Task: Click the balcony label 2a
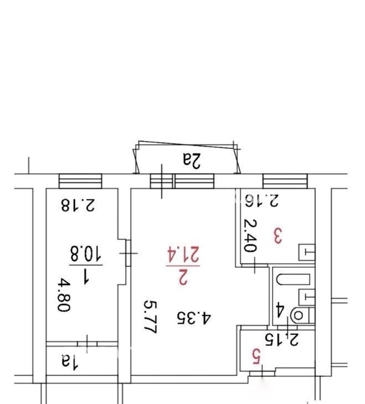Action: pyautogui.click(x=192, y=160)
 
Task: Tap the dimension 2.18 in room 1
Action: pyautogui.click(x=78, y=205)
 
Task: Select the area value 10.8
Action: pyautogui.click(x=86, y=253)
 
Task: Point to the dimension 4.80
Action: pyautogui.click(x=64, y=296)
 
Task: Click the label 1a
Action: pyautogui.click(x=70, y=362)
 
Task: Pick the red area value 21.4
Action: pyautogui.click(x=183, y=255)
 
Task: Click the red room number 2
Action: pyautogui.click(x=183, y=277)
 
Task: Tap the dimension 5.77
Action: pyautogui.click(x=150, y=317)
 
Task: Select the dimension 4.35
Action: pyautogui.click(x=194, y=318)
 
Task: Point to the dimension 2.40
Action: pyautogui.click(x=250, y=235)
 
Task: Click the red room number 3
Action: pyautogui.click(x=278, y=236)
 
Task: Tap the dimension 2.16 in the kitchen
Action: pyautogui.click(x=262, y=201)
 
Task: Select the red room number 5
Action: pyautogui.click(x=256, y=356)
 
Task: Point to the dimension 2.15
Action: pyautogui.click(x=282, y=339)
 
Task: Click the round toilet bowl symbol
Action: pyautogui.click(x=299, y=315)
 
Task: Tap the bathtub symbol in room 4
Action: pyautogui.click(x=293, y=279)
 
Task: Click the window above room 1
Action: pyautogui.click(x=80, y=181)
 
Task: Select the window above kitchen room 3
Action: pyautogui.click(x=285, y=181)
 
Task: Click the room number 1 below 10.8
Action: pyautogui.click(x=85, y=276)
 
